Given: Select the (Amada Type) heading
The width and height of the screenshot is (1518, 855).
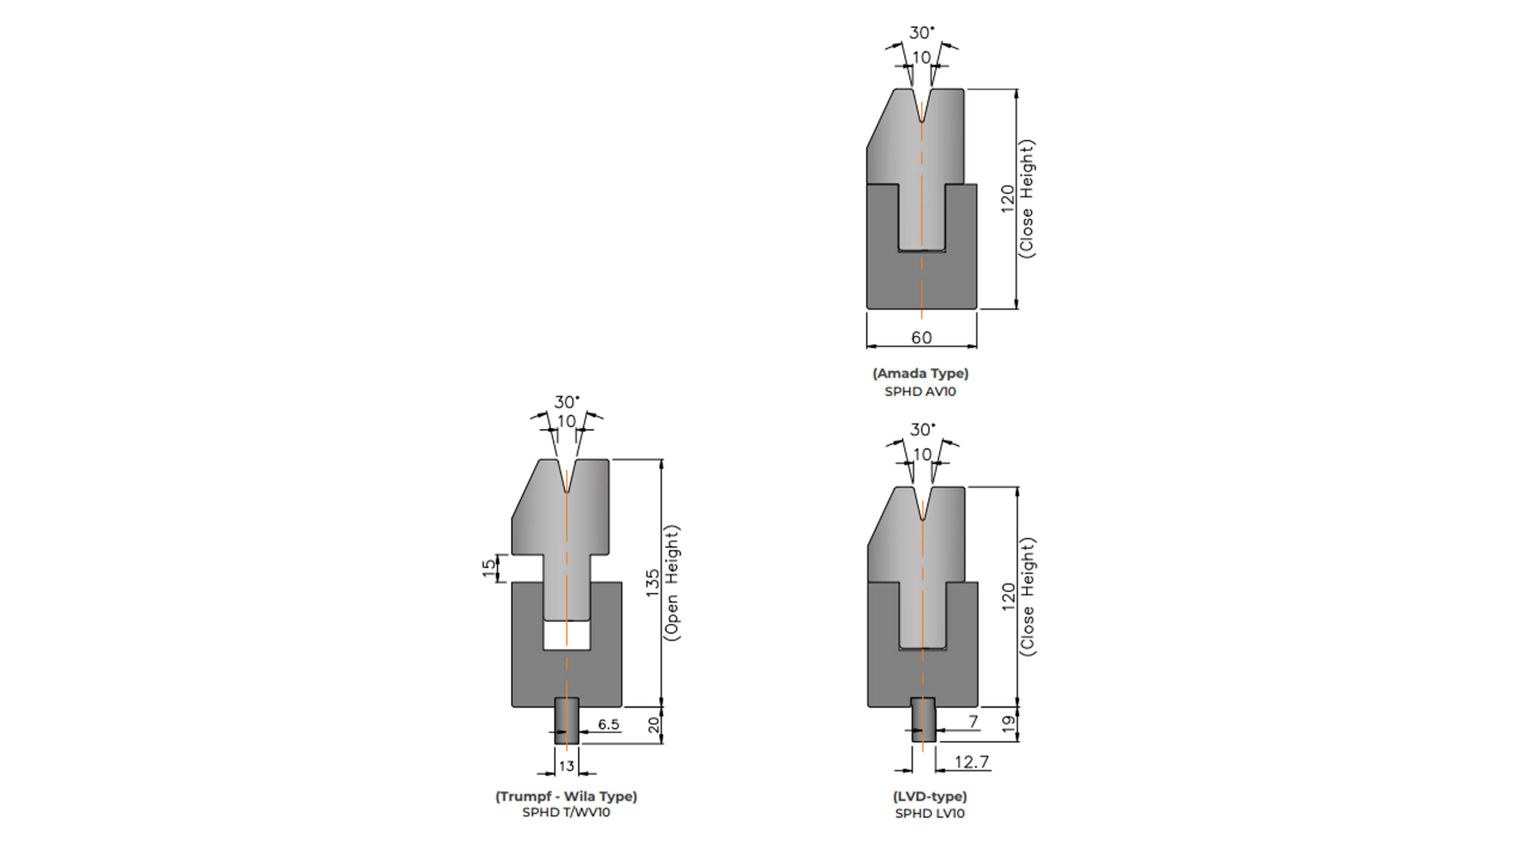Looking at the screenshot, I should pos(920,373).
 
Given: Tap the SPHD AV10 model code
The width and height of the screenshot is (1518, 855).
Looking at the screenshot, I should pos(920,391).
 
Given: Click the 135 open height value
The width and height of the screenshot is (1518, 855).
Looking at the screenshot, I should pos(653,583).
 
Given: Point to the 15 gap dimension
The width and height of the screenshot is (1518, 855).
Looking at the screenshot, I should pos(489,568).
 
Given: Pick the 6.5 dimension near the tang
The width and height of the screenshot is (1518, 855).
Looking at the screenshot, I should pos(608,724).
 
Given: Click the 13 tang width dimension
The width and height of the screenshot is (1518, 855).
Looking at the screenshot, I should pos(566,766).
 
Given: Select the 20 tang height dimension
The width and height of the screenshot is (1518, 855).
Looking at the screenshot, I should pos(654,725).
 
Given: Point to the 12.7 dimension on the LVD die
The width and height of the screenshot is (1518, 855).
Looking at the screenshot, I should pos(971,762).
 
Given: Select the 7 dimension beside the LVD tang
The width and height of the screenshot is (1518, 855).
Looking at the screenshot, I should pos(973,721).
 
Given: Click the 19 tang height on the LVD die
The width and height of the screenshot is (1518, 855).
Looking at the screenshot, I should pos(1009,724).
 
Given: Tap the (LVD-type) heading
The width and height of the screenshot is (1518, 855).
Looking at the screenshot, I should pos(929,797).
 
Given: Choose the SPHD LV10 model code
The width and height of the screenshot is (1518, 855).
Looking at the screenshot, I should pos(929,814).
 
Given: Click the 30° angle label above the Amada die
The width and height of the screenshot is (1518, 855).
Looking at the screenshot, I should pos(922,33).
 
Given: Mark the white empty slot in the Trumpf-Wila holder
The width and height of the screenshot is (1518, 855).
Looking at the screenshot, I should pos(566,635).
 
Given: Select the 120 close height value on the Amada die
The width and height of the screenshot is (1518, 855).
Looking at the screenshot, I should pos(1008,199).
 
